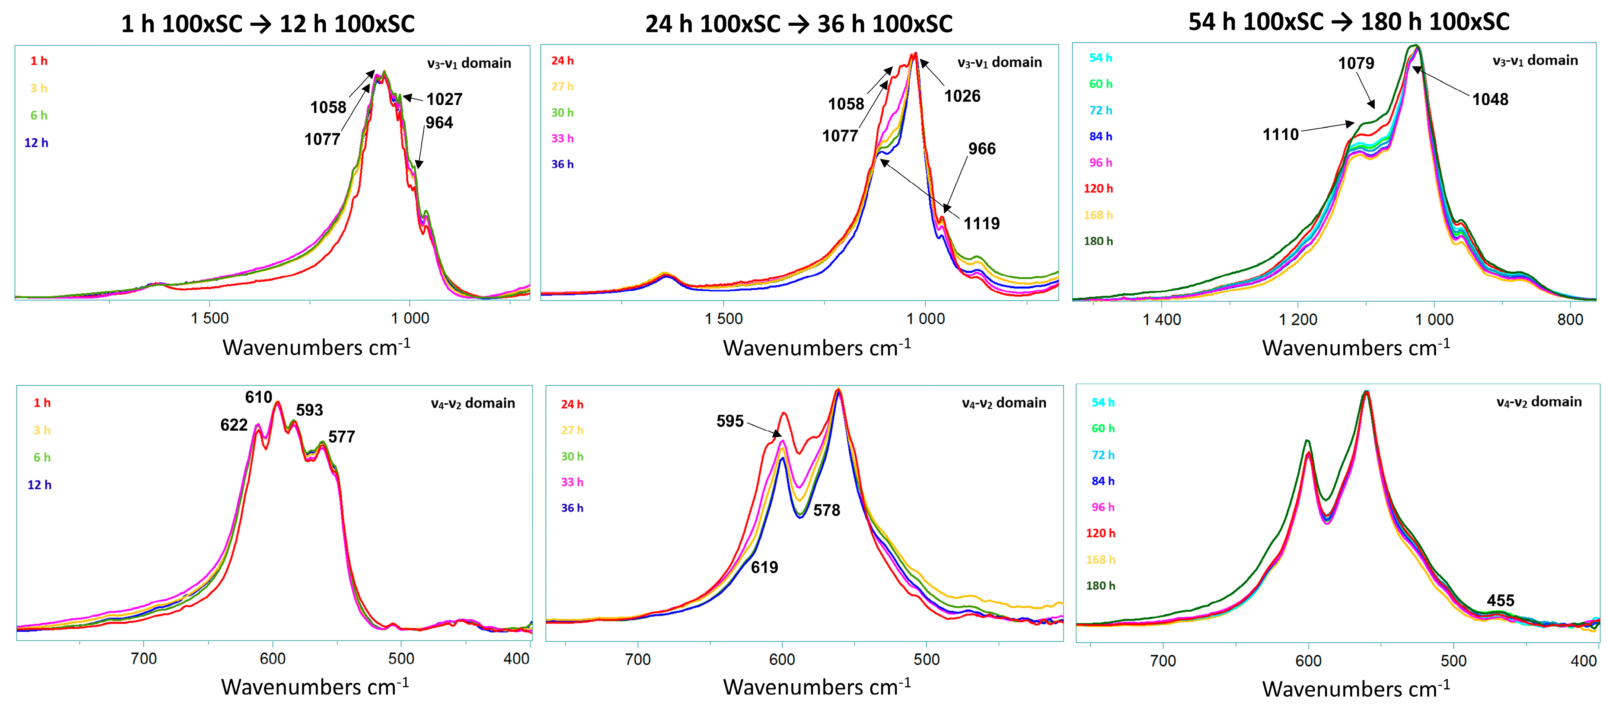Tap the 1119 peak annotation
pos(981,223)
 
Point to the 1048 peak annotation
pos(1490,99)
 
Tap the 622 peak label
pos(234,425)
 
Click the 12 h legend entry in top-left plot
pos(36,143)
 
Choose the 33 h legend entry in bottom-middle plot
pos(572,482)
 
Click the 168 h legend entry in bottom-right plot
pos(1100,560)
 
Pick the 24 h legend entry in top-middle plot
pos(562,61)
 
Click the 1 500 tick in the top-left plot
pos(210,318)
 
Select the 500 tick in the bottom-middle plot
pos(926,660)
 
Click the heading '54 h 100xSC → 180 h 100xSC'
pos(1348,22)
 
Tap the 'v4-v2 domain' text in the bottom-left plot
pos(473,403)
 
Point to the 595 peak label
pos(730,421)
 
